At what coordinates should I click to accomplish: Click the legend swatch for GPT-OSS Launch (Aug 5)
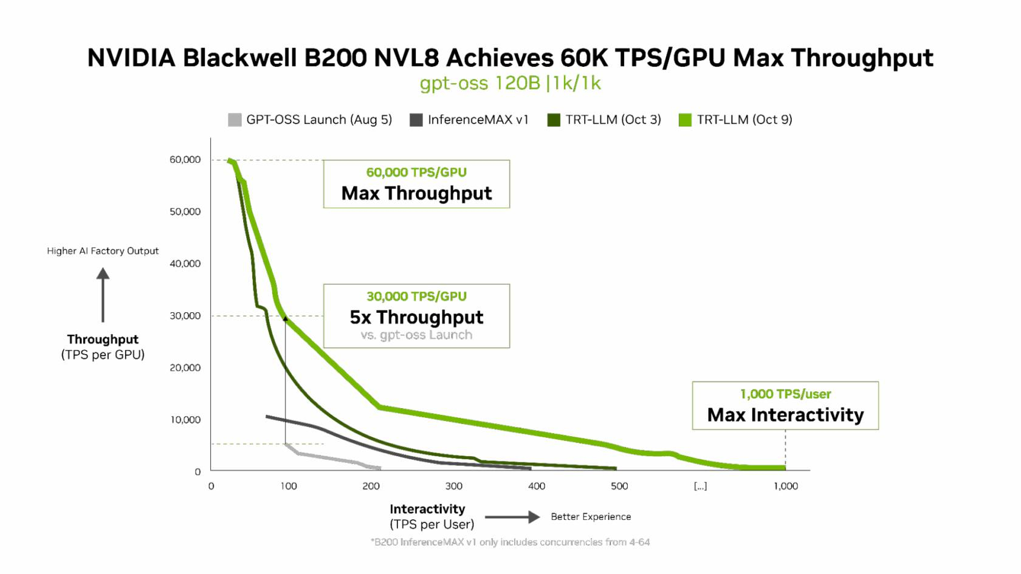[235, 120]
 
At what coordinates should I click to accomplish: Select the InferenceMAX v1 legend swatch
[416, 120]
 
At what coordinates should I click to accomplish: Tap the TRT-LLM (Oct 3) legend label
[613, 120]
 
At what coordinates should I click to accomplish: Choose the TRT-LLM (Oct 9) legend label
[744, 120]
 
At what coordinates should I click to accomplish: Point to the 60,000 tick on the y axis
[185, 160]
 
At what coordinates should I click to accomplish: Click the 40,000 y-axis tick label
[185, 264]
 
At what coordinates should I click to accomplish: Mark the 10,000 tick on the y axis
[185, 420]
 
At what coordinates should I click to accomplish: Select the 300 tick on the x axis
[453, 486]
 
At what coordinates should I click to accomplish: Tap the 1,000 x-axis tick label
[785, 486]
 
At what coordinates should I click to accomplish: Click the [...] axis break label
[700, 486]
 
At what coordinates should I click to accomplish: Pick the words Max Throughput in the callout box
[416, 193]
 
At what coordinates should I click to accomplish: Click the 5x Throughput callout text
[416, 317]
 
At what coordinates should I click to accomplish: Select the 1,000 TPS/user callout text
[785, 394]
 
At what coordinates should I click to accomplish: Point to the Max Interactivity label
[785, 415]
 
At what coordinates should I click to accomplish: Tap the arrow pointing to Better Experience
[512, 517]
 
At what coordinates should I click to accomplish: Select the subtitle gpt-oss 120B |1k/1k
[510, 83]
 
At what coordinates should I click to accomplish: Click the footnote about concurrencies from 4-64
[510, 542]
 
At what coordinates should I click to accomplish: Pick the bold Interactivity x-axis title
[427, 509]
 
